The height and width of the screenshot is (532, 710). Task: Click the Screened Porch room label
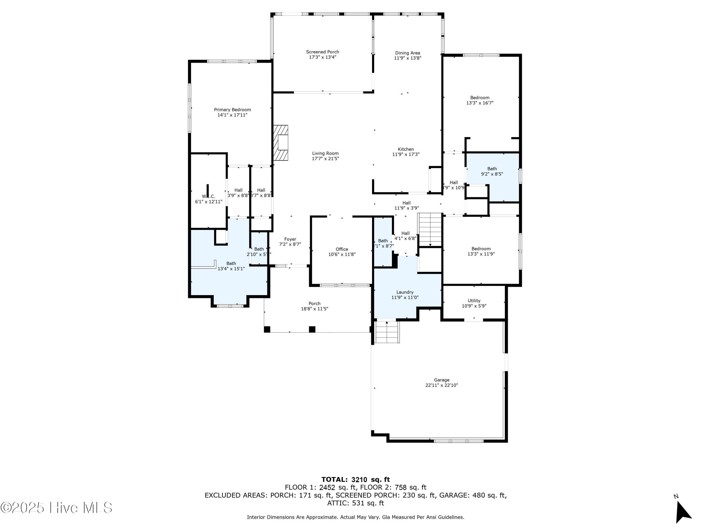coord(322,52)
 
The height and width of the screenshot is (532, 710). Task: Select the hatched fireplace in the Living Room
coord(280,143)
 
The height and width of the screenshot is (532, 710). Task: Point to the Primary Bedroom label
coord(232,110)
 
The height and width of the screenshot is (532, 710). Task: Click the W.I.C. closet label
coord(209,196)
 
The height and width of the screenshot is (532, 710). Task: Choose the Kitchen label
coord(406,149)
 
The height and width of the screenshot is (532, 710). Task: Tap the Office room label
coord(342,249)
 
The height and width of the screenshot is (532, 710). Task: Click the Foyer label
coord(290,239)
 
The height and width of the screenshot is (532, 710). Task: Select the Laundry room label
coord(405,292)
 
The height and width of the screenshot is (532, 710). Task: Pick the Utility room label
coord(474,301)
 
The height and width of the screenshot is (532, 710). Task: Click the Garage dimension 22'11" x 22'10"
coord(441,385)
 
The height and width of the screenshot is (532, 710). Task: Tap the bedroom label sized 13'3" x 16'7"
coord(480,98)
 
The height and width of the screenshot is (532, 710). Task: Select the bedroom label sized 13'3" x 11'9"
coord(481,249)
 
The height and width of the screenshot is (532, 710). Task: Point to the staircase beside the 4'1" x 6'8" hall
coord(430,230)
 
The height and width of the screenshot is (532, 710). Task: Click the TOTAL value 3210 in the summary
coord(359,480)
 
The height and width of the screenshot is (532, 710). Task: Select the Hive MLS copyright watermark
coord(56,508)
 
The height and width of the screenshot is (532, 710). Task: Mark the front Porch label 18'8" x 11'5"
coord(314,304)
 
